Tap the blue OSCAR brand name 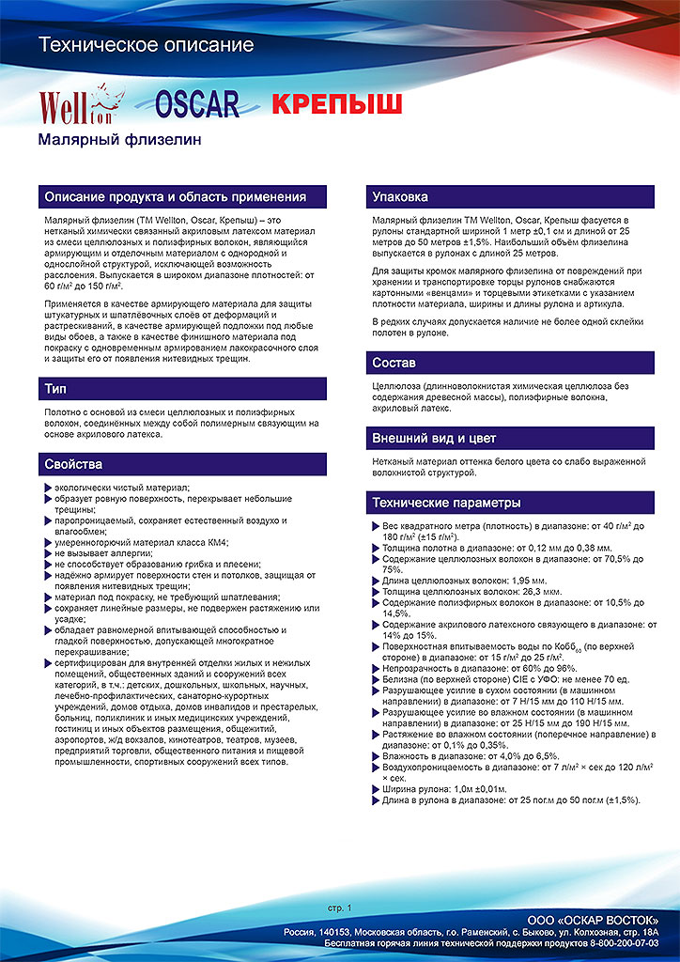point(196,104)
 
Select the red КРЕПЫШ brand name point(336,103)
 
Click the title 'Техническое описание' point(146,45)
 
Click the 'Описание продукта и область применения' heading point(176,197)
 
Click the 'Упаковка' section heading point(400,197)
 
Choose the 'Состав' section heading point(394,363)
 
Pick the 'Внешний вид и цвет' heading point(434,439)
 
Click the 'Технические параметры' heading point(446,503)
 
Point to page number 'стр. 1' point(339,908)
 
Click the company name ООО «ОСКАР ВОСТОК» point(593,918)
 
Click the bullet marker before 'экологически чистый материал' point(48,488)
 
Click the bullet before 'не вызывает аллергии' point(48,553)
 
